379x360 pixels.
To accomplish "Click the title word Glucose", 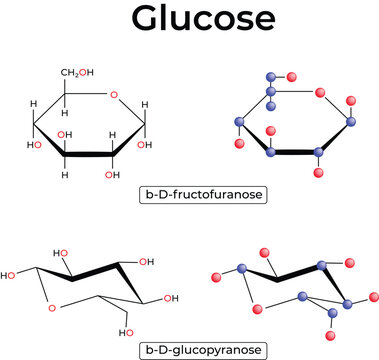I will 189,20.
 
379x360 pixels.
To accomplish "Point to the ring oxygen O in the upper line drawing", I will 114,95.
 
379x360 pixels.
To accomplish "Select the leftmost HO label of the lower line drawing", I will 10,274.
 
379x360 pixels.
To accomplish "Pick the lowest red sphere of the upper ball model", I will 318,174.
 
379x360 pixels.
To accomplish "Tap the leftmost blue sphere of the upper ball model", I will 239,122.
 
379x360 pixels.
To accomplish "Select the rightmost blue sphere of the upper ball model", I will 351,122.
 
